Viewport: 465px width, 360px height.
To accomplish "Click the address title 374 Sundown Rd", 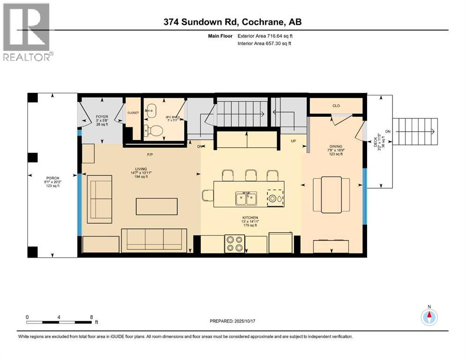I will click(x=232, y=22).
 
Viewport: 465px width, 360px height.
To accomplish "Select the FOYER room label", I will click(x=102, y=117).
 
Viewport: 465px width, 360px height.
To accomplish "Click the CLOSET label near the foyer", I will click(x=133, y=112).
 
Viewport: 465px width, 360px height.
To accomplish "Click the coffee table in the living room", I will click(x=157, y=206).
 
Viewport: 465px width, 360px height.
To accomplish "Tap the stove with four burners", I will click(x=234, y=243).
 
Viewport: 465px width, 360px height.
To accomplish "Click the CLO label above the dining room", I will click(x=336, y=106).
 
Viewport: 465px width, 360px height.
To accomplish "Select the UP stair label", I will click(x=293, y=141).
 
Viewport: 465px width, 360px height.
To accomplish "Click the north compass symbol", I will click(x=429, y=316).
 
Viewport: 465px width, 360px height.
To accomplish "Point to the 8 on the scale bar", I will click(x=91, y=317).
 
